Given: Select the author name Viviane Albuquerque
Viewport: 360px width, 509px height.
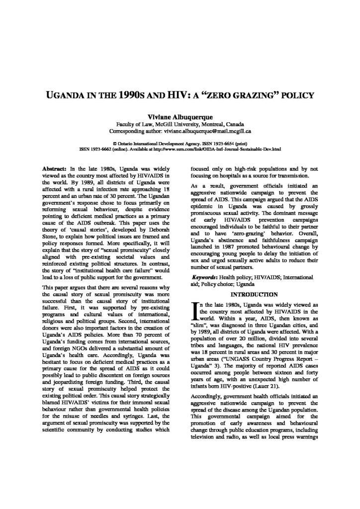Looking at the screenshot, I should click(x=180, y=115).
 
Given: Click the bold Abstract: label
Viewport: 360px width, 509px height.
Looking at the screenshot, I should click(x=56, y=170).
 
